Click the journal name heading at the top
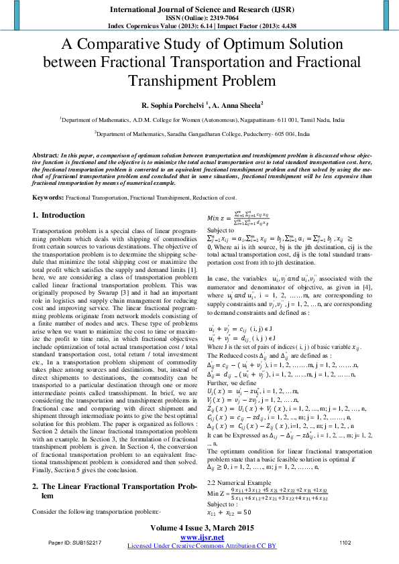pyautogui.click(x=199, y=9)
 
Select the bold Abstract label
pyautogui.click(x=46, y=155)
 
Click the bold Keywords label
pyautogui.click(x=48, y=198)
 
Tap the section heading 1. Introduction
pyautogui.click(x=58, y=215)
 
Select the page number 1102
pyautogui.click(x=345, y=542)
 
